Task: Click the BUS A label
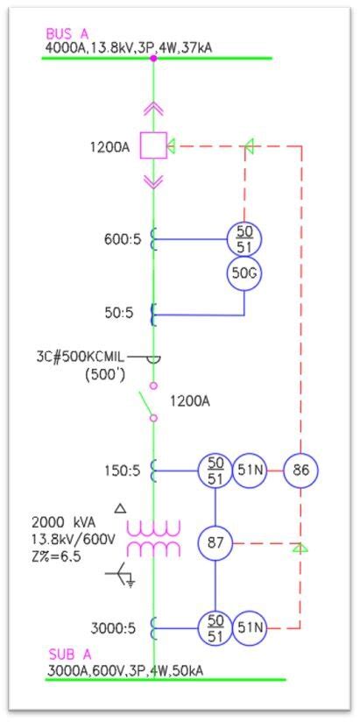(x=68, y=33)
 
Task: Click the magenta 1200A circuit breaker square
(x=154, y=145)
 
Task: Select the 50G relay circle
(x=244, y=273)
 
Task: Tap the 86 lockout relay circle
(x=301, y=471)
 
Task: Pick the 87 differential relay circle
(x=215, y=543)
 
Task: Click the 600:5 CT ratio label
(x=120, y=237)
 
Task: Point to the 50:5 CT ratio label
(x=124, y=313)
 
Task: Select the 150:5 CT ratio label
(x=120, y=471)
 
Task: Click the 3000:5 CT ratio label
(x=116, y=627)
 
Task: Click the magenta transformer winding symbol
(x=154, y=538)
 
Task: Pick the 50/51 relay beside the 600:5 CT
(x=244, y=237)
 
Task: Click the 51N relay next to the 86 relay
(x=250, y=471)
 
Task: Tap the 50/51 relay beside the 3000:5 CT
(x=215, y=627)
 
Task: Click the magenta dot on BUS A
(x=154, y=58)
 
